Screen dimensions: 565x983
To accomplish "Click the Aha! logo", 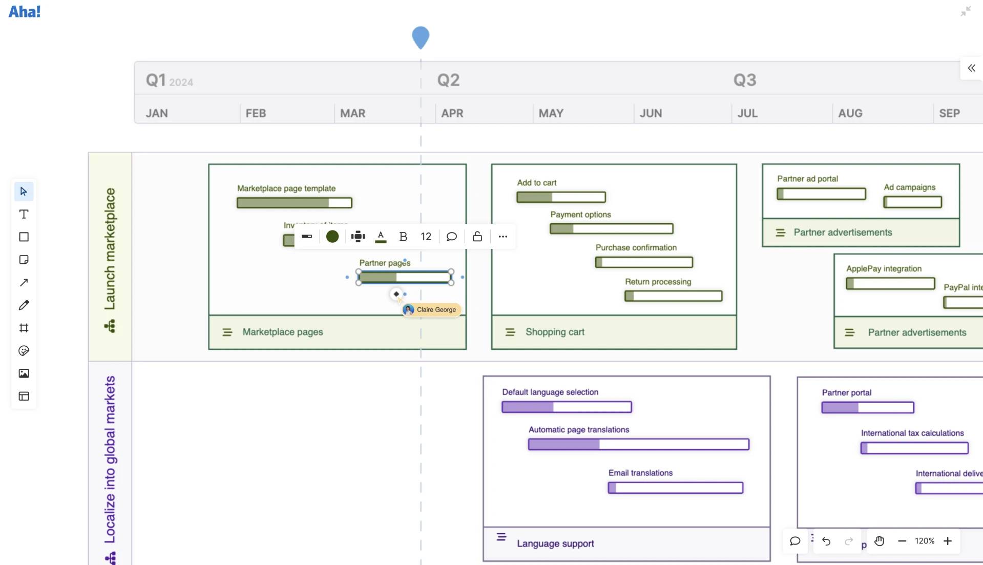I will click(24, 11).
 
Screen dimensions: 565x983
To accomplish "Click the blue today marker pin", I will click(420, 37).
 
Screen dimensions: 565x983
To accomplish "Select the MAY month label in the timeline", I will click(551, 113).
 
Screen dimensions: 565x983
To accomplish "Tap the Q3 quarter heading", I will click(744, 80).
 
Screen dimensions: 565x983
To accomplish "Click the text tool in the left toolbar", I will click(24, 214).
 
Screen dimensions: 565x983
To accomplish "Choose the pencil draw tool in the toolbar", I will click(24, 305).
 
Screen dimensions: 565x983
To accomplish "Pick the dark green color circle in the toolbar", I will click(332, 236).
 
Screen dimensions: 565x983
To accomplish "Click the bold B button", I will click(403, 236).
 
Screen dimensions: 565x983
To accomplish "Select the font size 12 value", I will click(426, 236).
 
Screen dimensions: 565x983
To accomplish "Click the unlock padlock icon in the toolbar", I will click(477, 236).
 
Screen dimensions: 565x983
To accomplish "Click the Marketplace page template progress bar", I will click(294, 203).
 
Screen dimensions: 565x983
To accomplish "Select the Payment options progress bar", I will click(611, 228).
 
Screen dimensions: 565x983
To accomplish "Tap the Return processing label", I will click(658, 282).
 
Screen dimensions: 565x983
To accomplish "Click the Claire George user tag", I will click(432, 309).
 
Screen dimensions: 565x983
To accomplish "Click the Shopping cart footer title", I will click(555, 332).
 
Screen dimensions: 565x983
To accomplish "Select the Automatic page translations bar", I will click(638, 444).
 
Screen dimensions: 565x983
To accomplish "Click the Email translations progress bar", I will click(675, 488).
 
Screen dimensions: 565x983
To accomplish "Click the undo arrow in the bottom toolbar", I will click(826, 541).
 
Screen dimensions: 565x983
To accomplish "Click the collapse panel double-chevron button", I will click(971, 68).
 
